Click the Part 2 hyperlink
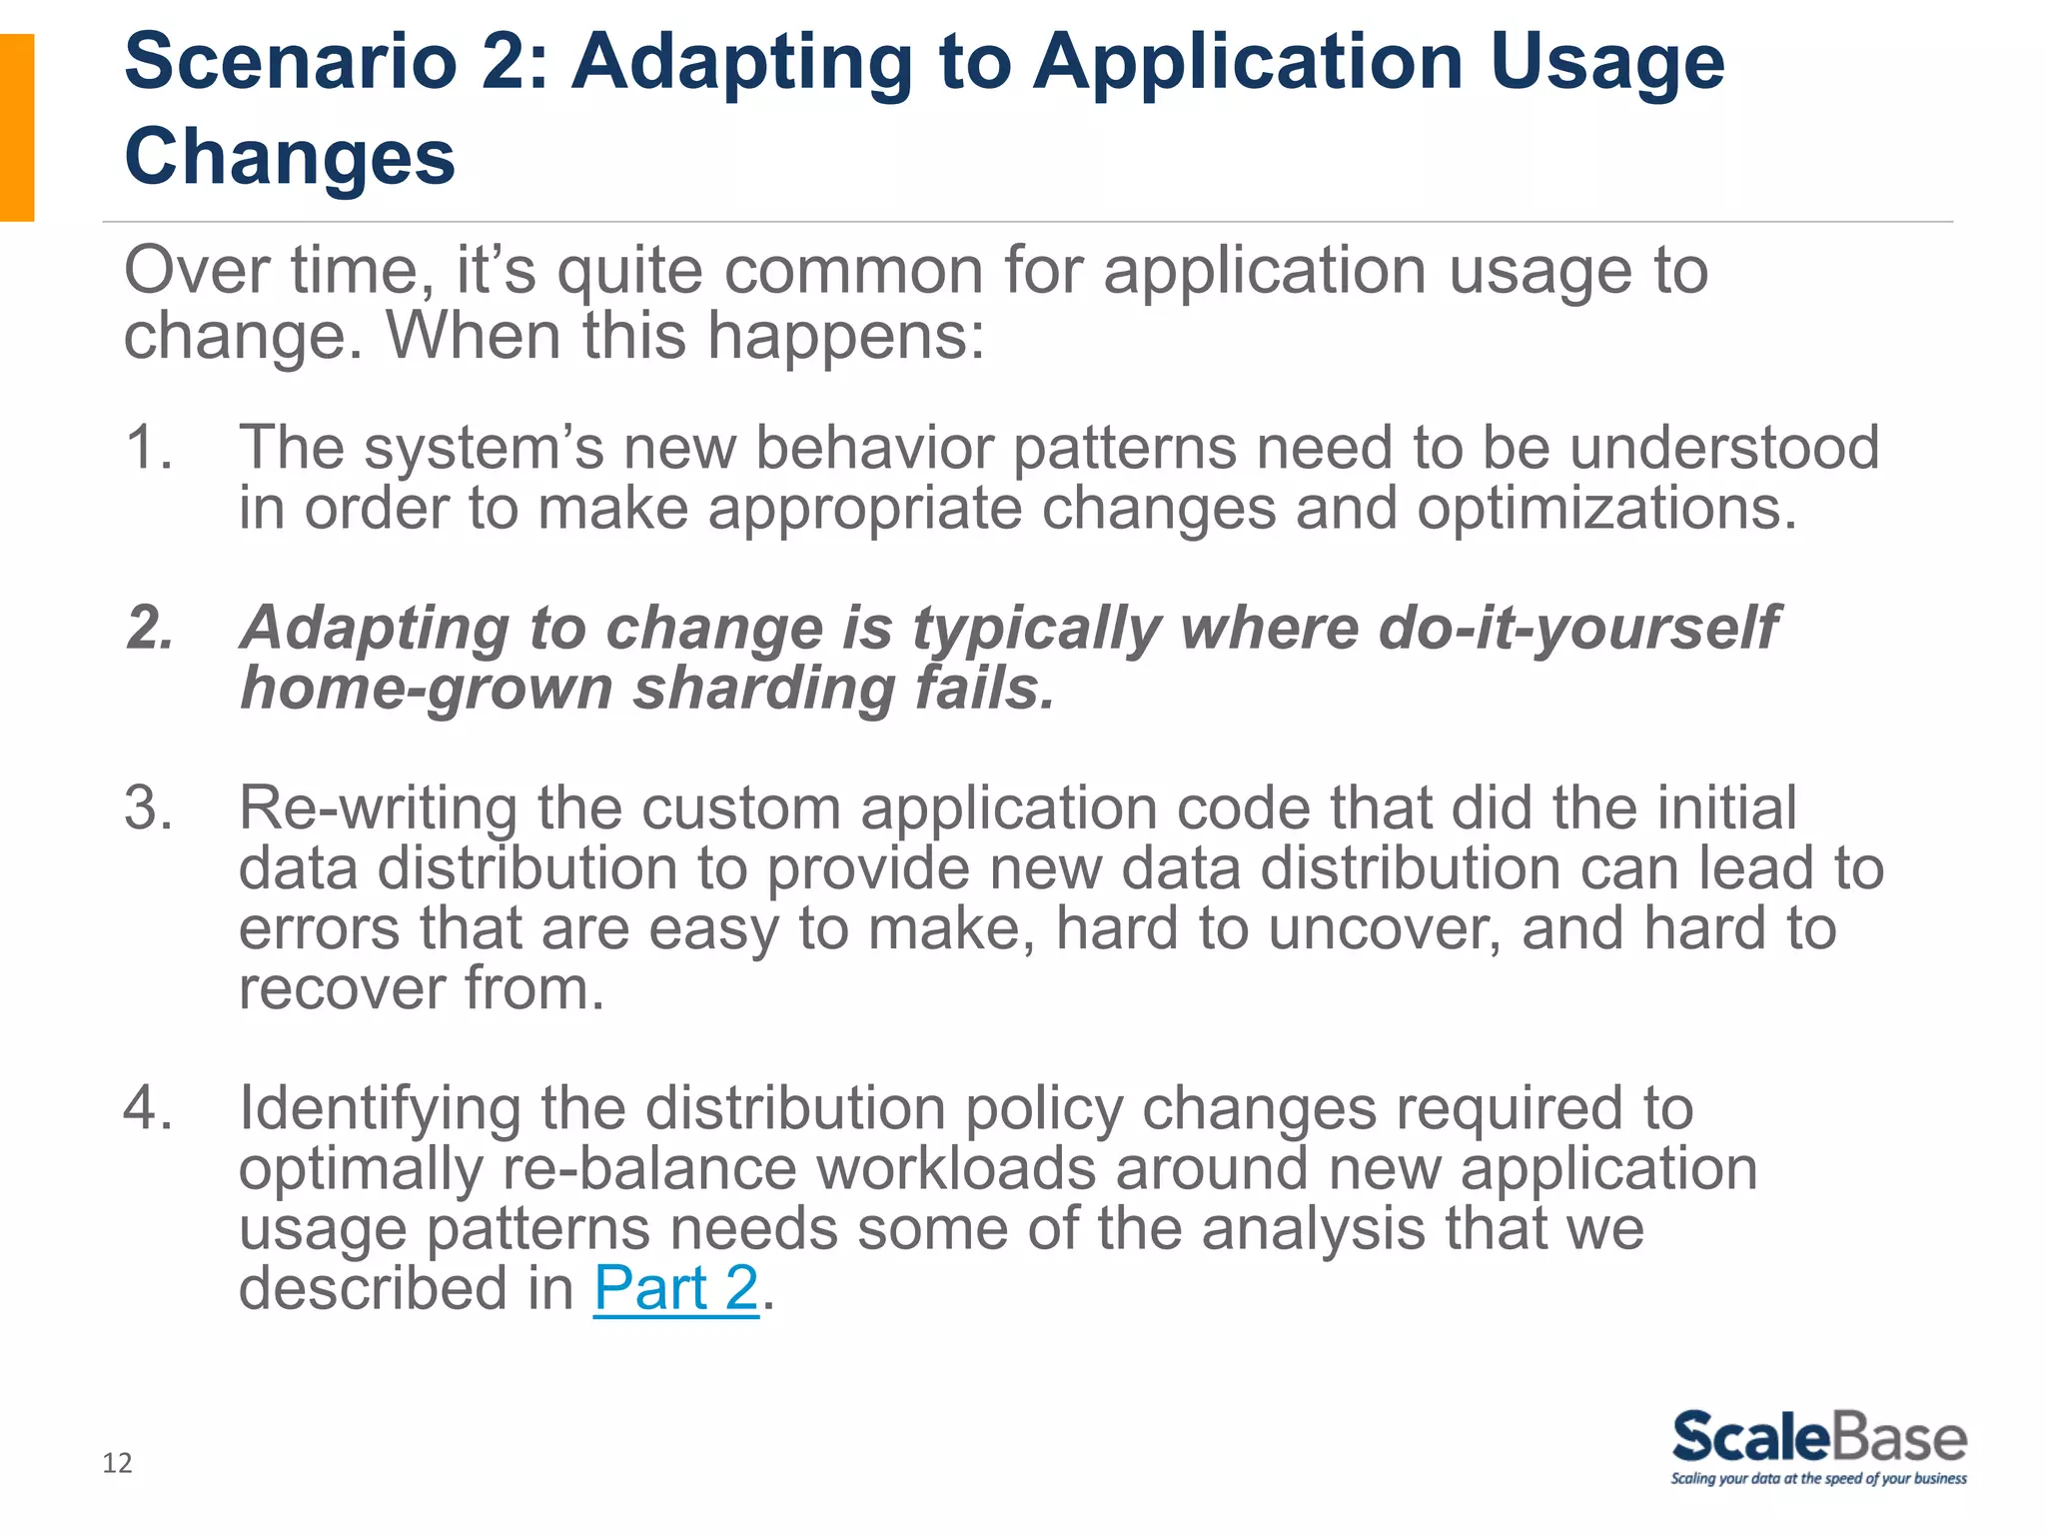(676, 1288)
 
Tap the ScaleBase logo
(1819, 1438)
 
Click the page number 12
(117, 1463)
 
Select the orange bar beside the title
(17, 127)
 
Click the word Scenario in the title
(291, 62)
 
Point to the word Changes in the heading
(290, 157)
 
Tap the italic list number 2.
(150, 629)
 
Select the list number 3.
(148, 807)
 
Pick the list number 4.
(148, 1108)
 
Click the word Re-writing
(378, 807)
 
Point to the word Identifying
(380, 1108)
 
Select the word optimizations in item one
(1605, 509)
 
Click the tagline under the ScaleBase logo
(1819, 1479)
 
